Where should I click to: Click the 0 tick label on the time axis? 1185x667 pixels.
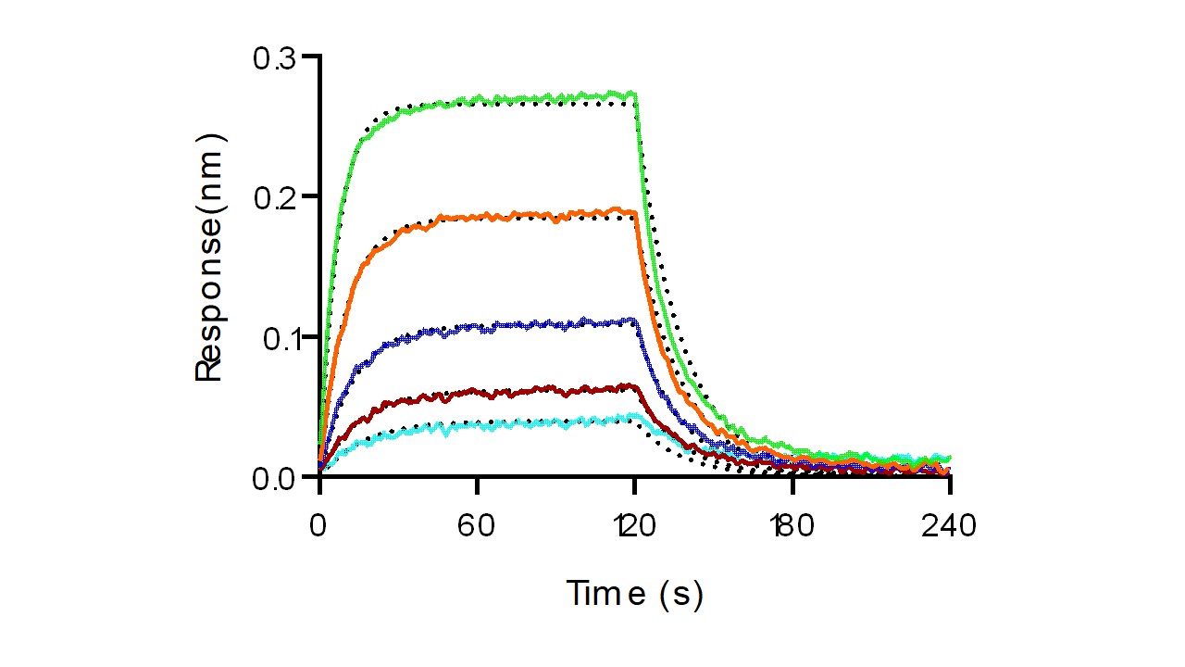coord(319,526)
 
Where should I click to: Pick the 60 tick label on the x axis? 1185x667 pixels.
coord(477,526)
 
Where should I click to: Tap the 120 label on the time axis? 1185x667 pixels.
coord(634,526)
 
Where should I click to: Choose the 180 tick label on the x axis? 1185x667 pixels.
coord(792,526)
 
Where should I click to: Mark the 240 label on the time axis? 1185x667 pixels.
coord(949,526)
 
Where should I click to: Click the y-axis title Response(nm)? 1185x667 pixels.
coord(210,258)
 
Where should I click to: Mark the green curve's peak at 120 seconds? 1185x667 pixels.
coord(633,94)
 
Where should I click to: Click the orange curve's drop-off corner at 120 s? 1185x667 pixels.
coord(633,214)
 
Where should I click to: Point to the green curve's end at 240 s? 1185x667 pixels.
coord(947,458)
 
